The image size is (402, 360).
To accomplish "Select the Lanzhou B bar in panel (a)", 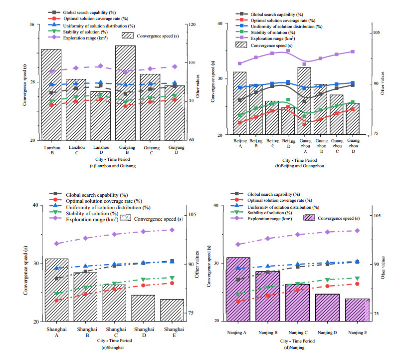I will pos(51,94).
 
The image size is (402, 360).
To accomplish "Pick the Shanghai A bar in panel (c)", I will pos(57,290).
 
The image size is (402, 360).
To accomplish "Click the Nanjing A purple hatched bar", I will pos(238,290).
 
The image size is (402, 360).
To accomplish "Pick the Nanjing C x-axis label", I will pos(298,332).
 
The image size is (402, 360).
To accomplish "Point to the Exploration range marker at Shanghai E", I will pos(172,230).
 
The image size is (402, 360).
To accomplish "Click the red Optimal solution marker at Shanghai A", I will pos(57,300).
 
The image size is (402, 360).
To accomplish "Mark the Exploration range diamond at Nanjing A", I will pos(238,244).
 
